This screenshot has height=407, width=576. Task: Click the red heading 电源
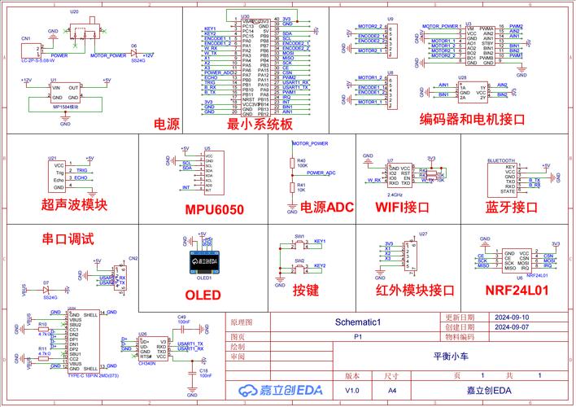point(166,124)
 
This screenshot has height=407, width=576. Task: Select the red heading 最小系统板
point(259,124)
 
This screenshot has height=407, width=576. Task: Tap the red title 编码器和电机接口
point(472,119)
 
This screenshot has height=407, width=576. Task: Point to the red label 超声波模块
point(74,205)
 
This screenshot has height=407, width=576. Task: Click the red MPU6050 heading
point(214,210)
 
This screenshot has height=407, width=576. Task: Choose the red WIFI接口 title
point(401,207)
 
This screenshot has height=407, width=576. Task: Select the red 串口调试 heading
point(68,239)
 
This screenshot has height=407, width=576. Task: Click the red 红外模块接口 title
point(414,290)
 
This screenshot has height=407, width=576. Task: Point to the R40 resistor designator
point(301,160)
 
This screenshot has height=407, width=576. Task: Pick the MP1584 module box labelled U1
point(65,92)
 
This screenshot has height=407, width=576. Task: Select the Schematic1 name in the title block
point(359,322)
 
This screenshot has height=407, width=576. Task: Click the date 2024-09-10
point(511,317)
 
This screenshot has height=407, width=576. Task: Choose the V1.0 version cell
point(351,391)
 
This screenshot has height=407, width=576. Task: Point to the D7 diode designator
point(46,282)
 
